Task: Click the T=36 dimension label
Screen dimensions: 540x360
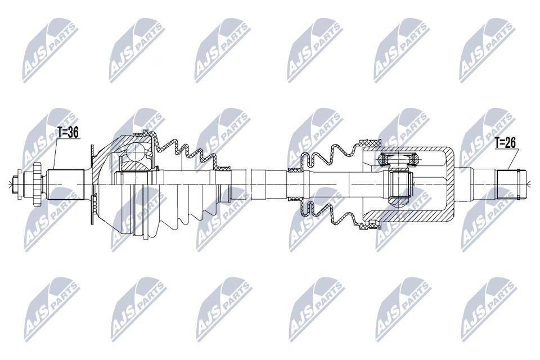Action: [x=68, y=132]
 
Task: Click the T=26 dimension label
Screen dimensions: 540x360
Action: [x=506, y=143]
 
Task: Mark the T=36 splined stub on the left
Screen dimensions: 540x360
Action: [x=66, y=185]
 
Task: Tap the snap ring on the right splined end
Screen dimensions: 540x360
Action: [x=518, y=184]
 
